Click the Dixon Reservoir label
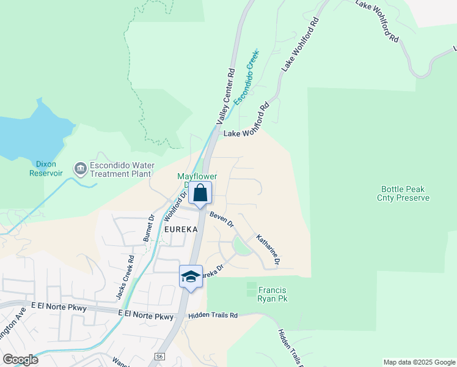point(46,168)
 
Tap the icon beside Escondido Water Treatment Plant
point(80,168)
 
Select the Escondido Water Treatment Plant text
point(122,169)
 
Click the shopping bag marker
point(200,194)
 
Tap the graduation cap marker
point(191,276)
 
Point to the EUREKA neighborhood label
point(181,229)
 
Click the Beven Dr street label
point(221,220)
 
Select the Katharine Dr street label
point(268,250)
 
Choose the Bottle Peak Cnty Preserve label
point(406,193)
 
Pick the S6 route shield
point(159,355)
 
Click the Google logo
point(20,359)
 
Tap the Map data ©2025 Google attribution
point(419,362)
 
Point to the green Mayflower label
point(197,176)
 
